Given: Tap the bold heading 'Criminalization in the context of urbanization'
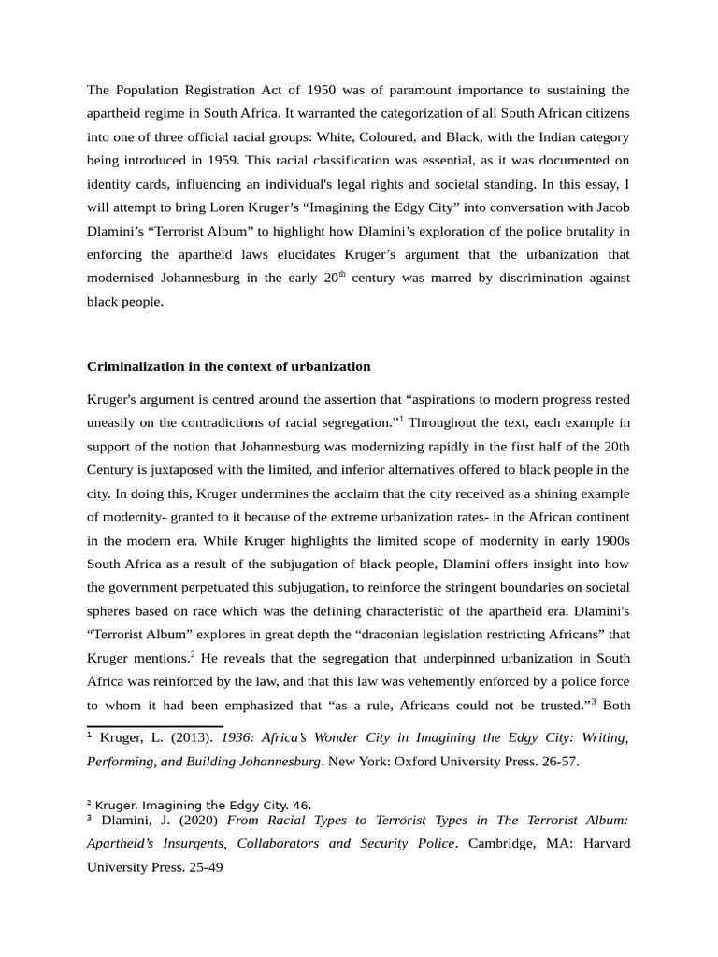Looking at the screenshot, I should pyautogui.click(x=229, y=366).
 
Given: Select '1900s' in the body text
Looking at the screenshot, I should pyautogui.click(x=611, y=539).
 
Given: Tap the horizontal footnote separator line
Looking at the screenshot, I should pyautogui.click(x=155, y=725).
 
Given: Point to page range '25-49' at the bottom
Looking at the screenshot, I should pyautogui.click(x=204, y=866).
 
